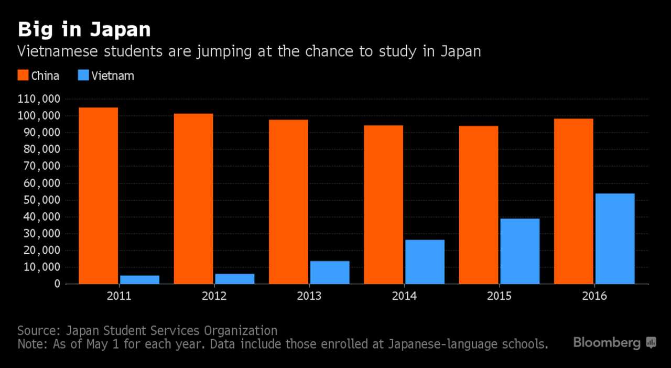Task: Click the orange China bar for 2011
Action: point(98,196)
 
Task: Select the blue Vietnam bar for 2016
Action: point(615,239)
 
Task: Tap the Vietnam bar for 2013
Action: point(330,272)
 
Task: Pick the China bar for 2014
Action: point(383,204)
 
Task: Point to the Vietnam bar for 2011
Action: point(139,279)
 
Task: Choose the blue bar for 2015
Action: point(520,251)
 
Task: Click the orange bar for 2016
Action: point(573,201)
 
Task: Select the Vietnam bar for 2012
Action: point(234,278)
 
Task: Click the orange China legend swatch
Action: point(23,75)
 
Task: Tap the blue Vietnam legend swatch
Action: point(83,75)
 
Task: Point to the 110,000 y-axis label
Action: point(39,99)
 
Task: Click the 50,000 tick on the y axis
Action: point(42,200)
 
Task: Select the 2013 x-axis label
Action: point(309,296)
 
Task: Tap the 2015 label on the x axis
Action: point(499,296)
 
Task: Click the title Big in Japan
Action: point(84,30)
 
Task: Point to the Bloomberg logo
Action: point(614,343)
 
